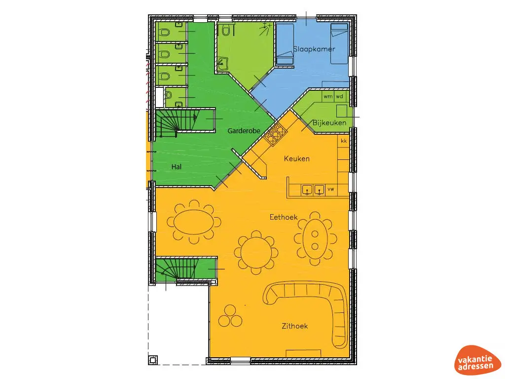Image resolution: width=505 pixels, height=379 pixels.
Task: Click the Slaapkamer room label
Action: point(314,49)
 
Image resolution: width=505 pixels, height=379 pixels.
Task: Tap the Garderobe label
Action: point(244,131)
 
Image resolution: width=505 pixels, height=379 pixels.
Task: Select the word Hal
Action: point(176,167)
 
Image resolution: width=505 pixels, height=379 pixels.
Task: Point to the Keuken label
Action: point(296,158)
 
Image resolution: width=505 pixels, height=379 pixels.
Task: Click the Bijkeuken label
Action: point(329,122)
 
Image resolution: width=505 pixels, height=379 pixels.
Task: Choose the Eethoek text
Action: point(283,217)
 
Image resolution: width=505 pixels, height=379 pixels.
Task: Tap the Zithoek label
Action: point(294,326)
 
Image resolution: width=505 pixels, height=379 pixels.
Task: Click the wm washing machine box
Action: point(328,96)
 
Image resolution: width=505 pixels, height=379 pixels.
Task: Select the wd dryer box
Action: point(340,96)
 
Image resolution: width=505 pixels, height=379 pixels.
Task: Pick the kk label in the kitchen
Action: point(344,141)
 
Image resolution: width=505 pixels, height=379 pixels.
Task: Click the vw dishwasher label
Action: point(331,189)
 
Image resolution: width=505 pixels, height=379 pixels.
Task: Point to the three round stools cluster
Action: point(230,316)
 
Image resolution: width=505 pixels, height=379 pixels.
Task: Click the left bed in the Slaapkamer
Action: point(284,44)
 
